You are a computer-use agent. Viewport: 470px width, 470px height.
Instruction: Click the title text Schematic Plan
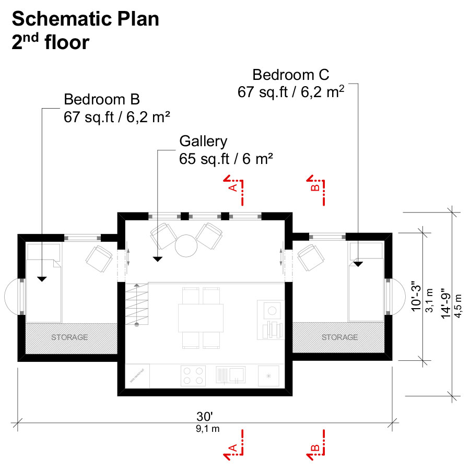tap(85, 19)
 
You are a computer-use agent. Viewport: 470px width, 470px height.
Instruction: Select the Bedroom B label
tap(102, 99)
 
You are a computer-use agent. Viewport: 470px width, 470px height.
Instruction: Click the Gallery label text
tap(203, 141)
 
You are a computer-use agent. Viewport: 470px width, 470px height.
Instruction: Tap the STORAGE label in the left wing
tap(69, 337)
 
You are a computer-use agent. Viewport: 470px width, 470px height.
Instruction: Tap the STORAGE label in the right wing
tap(340, 337)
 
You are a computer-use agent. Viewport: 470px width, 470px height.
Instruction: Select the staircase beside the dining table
tap(137, 304)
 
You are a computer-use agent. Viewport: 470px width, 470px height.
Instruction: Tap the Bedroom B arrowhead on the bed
tap(42, 279)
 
